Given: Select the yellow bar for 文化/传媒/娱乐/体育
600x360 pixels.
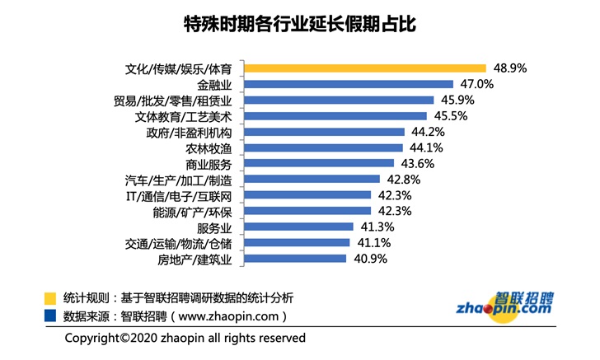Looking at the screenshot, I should click(x=368, y=68).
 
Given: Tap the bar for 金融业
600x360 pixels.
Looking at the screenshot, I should click(x=351, y=84).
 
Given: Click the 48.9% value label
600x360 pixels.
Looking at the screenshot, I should click(x=510, y=68).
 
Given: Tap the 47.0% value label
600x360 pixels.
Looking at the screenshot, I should click(x=477, y=84).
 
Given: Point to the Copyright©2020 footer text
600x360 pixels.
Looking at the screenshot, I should click(x=185, y=338).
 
